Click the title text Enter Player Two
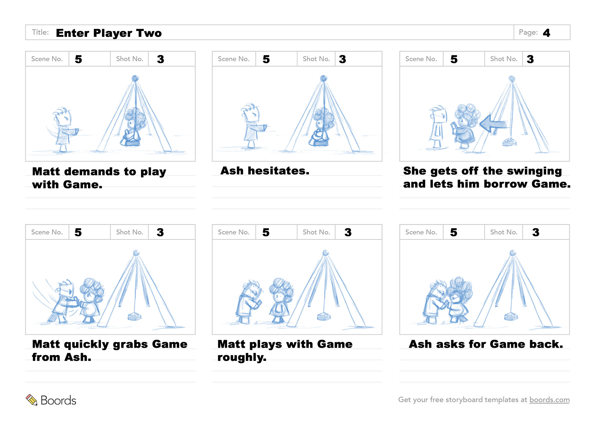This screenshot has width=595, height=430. [109, 33]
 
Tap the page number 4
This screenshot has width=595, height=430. [546, 33]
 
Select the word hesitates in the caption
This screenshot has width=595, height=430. [278, 171]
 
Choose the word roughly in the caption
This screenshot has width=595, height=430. [242, 358]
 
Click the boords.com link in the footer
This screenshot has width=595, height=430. [549, 400]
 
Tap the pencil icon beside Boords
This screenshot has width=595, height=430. [31, 400]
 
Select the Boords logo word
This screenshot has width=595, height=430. [58, 400]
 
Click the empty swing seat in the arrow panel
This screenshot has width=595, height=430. [509, 142]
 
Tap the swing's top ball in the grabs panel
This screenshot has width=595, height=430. [136, 253]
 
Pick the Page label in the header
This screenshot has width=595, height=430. [528, 32]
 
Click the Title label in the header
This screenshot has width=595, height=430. [40, 32]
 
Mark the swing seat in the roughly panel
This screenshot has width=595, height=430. [324, 316]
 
